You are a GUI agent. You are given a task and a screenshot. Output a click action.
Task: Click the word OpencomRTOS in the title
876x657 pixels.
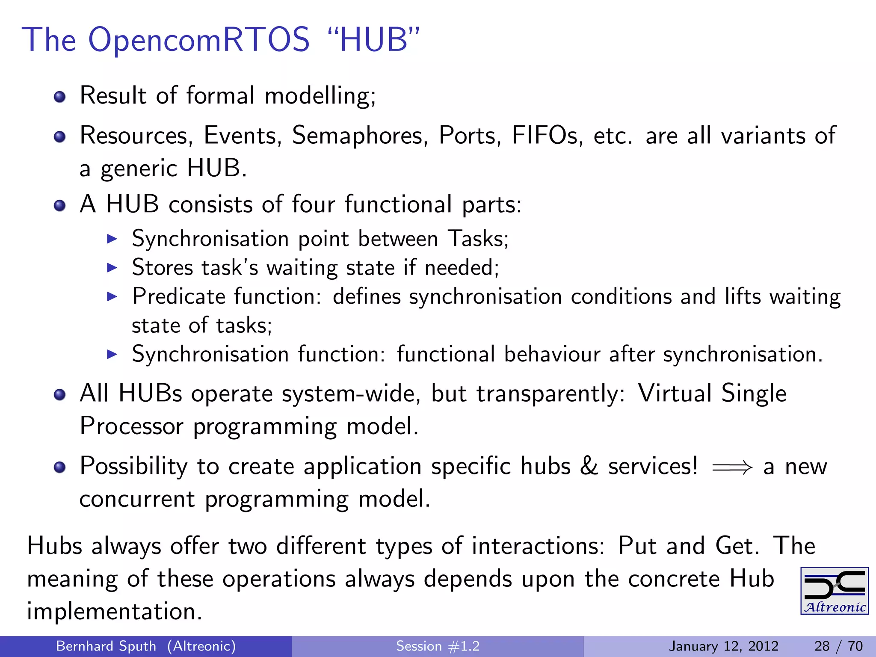[x=198, y=40]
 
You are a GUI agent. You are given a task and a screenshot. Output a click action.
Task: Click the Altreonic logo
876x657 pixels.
[x=834, y=591]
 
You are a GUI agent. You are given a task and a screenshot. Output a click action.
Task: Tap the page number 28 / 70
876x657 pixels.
[x=838, y=646]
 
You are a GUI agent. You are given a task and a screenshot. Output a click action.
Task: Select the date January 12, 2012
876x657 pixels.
[x=723, y=646]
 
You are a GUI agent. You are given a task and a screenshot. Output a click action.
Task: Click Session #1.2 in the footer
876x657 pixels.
[x=438, y=646]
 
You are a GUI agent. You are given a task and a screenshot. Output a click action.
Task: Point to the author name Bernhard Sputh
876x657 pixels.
[x=106, y=646]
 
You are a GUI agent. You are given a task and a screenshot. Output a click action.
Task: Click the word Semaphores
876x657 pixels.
[x=360, y=136]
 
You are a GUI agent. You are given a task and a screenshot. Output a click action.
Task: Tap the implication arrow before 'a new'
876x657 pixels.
[x=732, y=467]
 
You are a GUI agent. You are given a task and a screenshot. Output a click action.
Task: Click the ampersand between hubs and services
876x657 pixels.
[x=589, y=466]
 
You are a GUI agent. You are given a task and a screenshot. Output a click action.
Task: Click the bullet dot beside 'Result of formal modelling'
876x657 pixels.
[x=60, y=97]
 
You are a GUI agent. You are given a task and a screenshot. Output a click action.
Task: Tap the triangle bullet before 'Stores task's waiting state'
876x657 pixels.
[x=112, y=268]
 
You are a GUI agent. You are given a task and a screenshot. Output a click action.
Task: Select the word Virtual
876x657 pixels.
[x=675, y=393]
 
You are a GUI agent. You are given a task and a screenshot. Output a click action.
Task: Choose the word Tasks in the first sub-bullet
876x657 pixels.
[x=478, y=239]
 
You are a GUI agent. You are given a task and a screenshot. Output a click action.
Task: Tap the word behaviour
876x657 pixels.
[x=552, y=355]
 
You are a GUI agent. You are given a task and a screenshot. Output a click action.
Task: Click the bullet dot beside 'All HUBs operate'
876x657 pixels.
[x=60, y=394]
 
